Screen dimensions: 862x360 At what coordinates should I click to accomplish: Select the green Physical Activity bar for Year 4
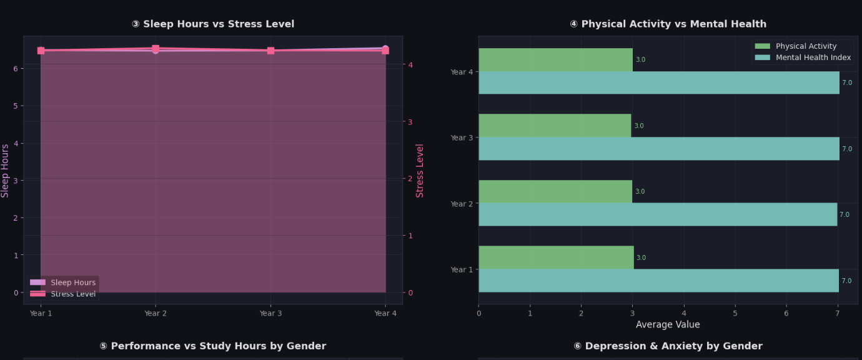555,59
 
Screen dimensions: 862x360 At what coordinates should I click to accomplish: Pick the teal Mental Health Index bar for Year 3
659,149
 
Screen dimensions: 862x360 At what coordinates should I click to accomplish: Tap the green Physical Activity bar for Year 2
555,191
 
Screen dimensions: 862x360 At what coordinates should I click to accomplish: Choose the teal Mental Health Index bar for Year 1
658,281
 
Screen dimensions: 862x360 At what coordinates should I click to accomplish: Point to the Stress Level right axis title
420,171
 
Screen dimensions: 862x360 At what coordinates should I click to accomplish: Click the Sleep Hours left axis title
4,171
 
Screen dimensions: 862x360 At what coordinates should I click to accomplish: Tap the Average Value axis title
668,324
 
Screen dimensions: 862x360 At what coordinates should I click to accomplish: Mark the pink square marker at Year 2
156,49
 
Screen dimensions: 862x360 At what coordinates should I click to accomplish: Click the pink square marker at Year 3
270,51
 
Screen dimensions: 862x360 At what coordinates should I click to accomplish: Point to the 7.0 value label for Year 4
847,82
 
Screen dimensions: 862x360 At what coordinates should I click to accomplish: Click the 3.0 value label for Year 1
641,257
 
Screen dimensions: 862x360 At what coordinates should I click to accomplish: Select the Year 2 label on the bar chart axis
462,204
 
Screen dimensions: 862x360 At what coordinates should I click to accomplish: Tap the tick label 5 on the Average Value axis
735,313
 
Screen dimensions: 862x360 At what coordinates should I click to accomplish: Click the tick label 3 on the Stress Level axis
410,122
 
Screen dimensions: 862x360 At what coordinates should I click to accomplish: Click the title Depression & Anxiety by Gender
668,346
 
